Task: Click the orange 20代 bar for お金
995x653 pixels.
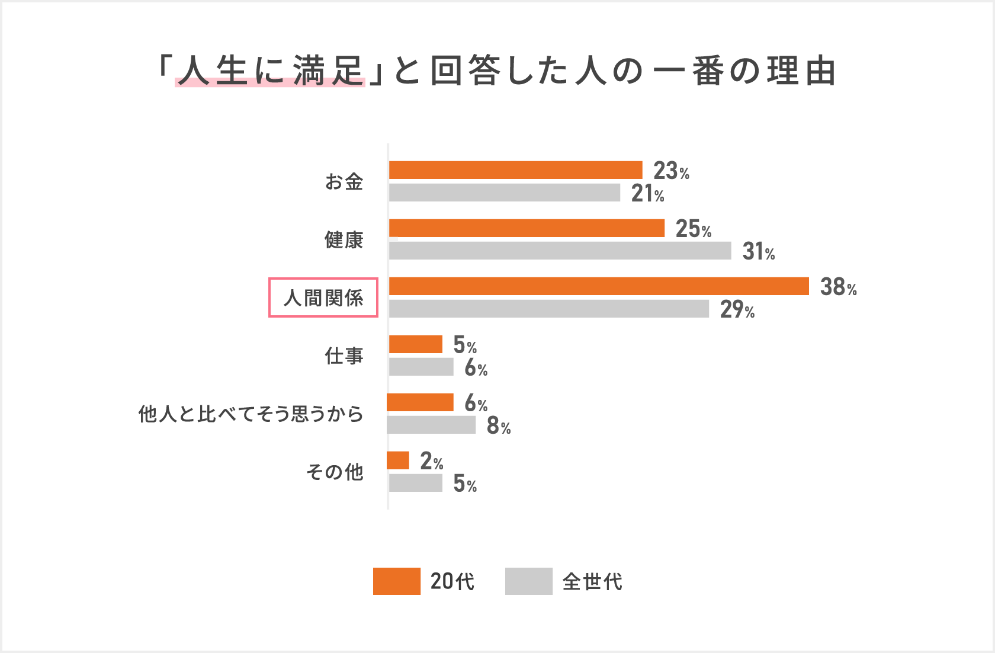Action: (515, 170)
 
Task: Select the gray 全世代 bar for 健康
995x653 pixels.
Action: (560, 251)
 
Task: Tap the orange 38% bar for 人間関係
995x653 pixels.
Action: (599, 286)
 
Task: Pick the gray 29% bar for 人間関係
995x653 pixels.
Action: (548, 309)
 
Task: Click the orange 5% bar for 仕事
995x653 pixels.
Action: (415, 344)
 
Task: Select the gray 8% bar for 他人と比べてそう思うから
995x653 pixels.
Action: (431, 425)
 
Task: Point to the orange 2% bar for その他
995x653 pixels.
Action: (398, 460)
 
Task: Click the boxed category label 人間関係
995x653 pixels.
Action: (323, 297)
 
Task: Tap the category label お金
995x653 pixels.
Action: (344, 181)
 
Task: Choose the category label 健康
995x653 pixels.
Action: (344, 240)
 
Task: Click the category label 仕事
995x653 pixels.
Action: (344, 356)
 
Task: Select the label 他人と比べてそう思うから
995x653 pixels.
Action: (251, 414)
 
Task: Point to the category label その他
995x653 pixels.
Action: (335, 472)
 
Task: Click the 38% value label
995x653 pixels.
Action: (838, 287)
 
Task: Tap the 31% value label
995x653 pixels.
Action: (758, 252)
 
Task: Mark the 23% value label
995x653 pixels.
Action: (671, 171)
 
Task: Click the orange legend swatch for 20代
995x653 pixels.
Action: (396, 581)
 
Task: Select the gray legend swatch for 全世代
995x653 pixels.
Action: (528, 581)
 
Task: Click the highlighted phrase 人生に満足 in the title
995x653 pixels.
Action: (270, 71)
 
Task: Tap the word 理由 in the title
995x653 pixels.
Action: (801, 71)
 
